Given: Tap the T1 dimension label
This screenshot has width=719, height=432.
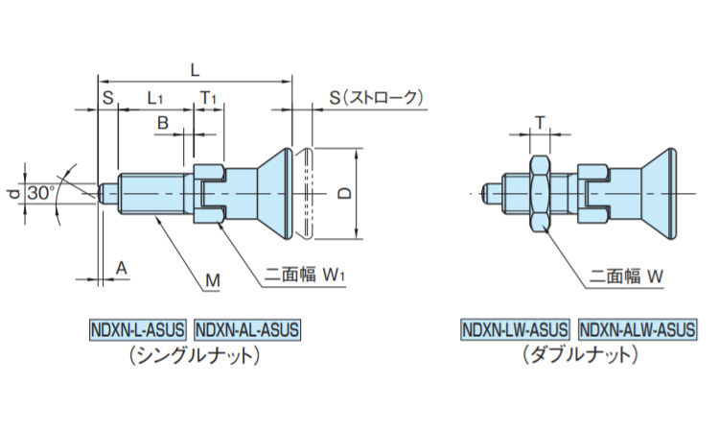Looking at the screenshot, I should click(209, 98).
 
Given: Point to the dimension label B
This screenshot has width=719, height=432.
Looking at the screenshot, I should click(163, 123).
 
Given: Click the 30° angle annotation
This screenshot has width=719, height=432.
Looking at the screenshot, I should click(40, 192).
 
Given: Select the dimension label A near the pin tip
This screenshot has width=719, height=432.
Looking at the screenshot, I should click(121, 269).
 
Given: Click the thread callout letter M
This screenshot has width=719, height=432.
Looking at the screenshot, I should click(213, 280).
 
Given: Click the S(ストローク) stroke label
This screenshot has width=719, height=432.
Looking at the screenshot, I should click(375, 97).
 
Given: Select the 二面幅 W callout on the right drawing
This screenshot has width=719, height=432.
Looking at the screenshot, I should click(627, 276).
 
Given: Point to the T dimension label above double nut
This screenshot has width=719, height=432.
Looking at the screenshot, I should click(540, 123).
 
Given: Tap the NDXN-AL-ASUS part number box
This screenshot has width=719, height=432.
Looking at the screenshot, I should click(247, 329).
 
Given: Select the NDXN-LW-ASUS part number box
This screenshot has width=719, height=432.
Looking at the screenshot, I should click(515, 329).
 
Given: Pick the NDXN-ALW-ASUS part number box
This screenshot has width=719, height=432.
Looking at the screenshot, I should click(638, 329).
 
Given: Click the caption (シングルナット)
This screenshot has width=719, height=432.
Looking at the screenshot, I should click(195, 354).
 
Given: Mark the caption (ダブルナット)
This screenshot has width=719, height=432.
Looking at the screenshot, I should click(580, 354).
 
